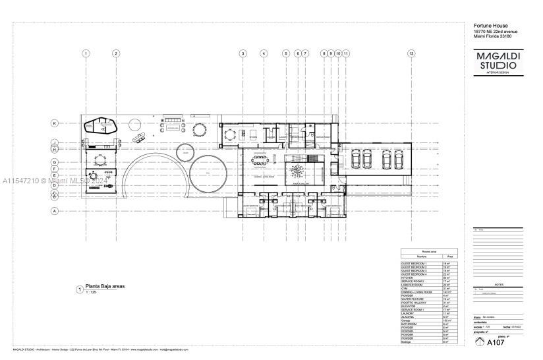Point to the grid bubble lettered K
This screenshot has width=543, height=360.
click(55, 123)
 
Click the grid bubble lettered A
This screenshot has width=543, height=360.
click(55, 211)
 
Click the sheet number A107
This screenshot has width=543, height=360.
click(495, 342)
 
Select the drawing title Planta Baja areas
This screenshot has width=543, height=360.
click(105, 287)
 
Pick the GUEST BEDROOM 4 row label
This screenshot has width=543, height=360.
click(414, 274)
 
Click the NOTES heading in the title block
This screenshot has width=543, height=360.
click(498, 285)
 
